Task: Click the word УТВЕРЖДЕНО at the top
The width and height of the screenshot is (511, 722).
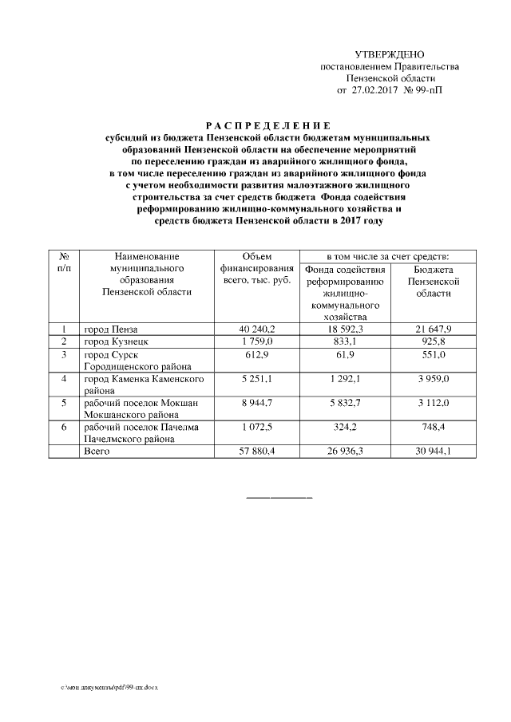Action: pyautogui.click(x=390, y=54)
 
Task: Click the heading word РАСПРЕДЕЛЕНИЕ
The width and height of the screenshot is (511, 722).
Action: pyautogui.click(x=268, y=126)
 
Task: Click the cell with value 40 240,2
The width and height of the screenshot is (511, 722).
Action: pyautogui.click(x=256, y=329)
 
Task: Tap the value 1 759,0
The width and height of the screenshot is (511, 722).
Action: pyautogui.click(x=256, y=341)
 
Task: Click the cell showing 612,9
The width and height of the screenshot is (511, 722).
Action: pyautogui.click(x=256, y=353)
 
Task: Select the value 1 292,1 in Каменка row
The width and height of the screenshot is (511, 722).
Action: pyautogui.click(x=345, y=378)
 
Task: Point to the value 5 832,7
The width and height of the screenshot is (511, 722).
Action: pyautogui.click(x=345, y=403)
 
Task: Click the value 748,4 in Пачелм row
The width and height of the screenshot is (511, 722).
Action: pyautogui.click(x=434, y=428)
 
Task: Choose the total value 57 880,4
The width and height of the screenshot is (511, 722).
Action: pyautogui.click(x=256, y=452)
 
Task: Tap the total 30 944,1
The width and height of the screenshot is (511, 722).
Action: pyautogui.click(x=434, y=452)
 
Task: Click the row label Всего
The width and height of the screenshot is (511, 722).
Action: pyautogui.click(x=97, y=452)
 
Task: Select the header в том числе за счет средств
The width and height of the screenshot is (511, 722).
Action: pyautogui.click(x=389, y=256)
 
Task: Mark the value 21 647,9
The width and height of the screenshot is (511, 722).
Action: pyautogui.click(x=434, y=329)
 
